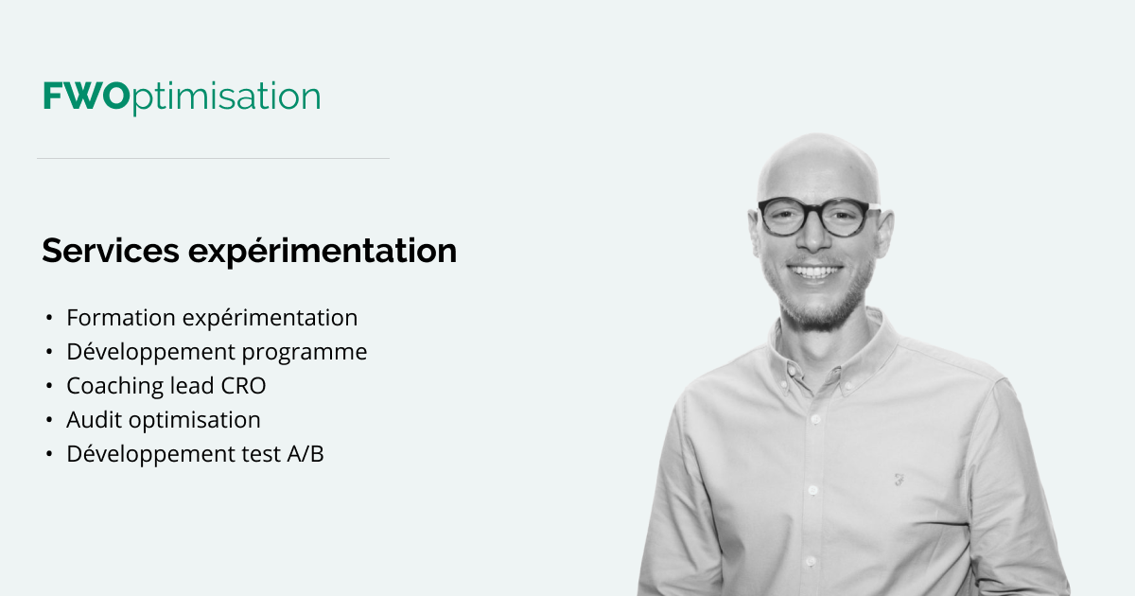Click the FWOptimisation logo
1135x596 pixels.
pyautogui.click(x=181, y=97)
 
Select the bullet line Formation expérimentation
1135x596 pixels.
pyautogui.click(x=212, y=318)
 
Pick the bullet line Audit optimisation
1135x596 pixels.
pyautogui.click(x=163, y=420)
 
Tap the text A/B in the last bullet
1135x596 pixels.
pyautogui.click(x=306, y=454)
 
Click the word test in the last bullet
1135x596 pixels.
pyautogui.click(x=260, y=454)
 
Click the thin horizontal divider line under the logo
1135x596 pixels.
pyautogui.click(x=213, y=159)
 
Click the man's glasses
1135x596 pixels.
pyautogui.click(x=814, y=217)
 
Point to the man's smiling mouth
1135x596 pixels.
pyautogui.click(x=815, y=272)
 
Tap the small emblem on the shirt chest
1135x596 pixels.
pyautogui.click(x=899, y=479)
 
